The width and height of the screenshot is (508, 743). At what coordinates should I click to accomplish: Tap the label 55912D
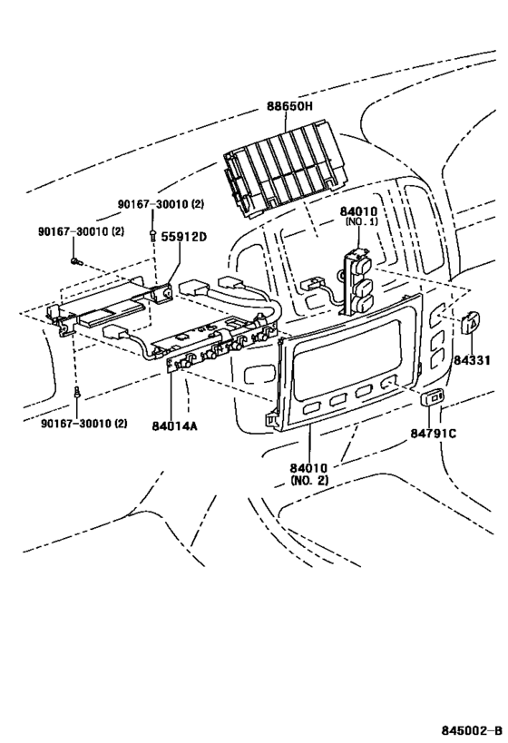tap(184, 237)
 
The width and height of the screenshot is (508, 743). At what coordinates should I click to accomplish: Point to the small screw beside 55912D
tap(151, 238)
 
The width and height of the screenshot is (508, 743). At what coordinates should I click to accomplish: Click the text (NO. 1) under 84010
tap(360, 221)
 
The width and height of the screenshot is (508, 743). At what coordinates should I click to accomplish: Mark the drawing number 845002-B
tap(472, 730)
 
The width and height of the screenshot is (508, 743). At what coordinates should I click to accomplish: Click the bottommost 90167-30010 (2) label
tap(82, 424)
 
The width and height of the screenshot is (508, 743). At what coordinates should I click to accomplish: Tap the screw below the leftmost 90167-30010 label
tap(75, 260)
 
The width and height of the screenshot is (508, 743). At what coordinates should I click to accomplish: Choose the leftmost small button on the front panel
tap(311, 409)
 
